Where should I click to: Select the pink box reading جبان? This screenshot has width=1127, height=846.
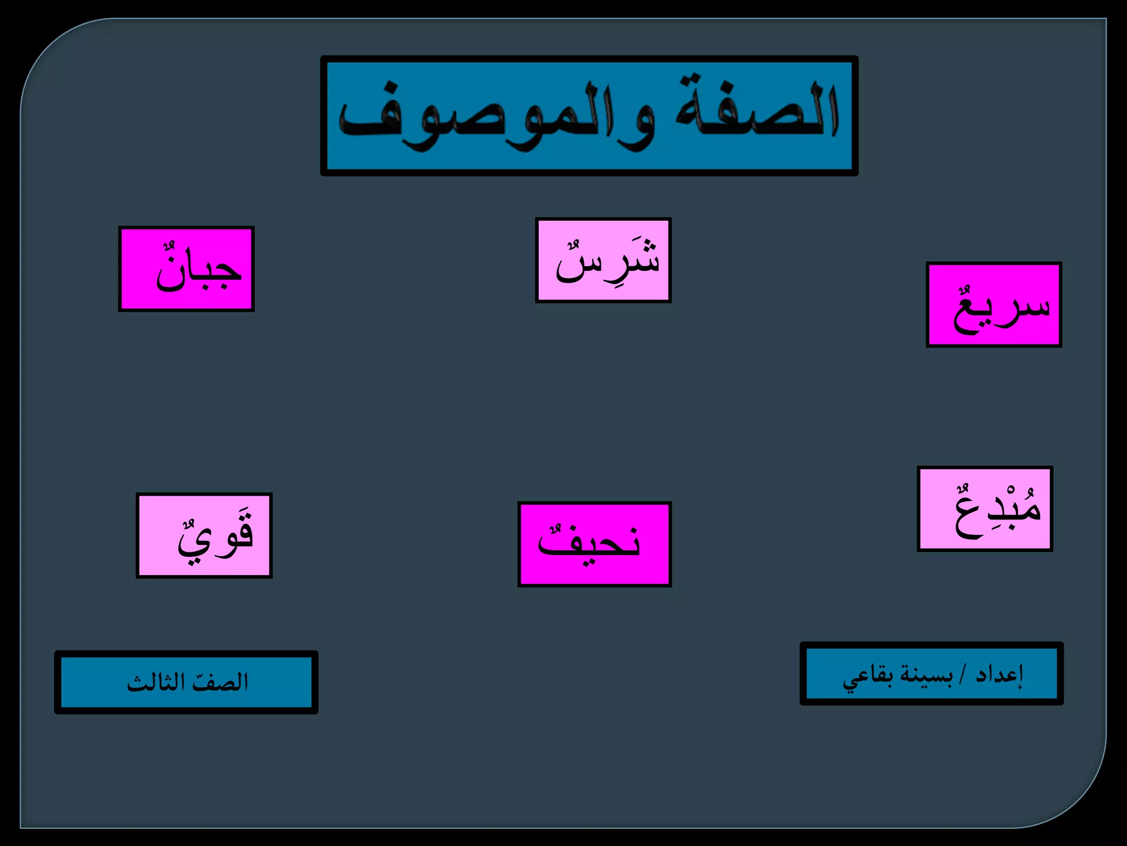tap(186, 269)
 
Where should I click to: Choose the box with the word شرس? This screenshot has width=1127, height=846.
tap(603, 260)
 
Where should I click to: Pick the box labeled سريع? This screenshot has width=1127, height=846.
tap(994, 305)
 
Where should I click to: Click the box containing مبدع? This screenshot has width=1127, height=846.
tap(985, 508)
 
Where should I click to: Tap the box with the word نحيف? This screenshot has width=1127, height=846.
tap(594, 544)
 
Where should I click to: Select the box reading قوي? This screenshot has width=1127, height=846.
tap(204, 535)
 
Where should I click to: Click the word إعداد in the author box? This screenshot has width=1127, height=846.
tap(999, 674)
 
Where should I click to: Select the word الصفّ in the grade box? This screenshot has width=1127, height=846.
tap(220, 682)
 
